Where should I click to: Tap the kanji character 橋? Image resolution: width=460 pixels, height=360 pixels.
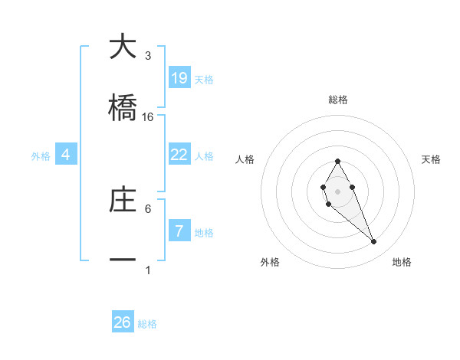(x=123, y=108)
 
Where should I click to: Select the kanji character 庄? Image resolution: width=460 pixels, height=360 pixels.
(x=123, y=200)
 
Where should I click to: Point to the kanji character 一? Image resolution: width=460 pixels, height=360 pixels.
(x=123, y=261)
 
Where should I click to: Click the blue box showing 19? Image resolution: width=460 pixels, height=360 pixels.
(x=179, y=77)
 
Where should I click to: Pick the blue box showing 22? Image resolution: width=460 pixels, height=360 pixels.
(x=179, y=154)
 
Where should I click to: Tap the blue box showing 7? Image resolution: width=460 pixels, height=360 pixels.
(x=179, y=231)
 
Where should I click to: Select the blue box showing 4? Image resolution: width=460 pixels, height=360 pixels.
(x=66, y=155)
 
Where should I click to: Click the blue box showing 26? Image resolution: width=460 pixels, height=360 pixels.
(x=123, y=322)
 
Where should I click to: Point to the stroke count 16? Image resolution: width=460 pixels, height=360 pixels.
(x=148, y=117)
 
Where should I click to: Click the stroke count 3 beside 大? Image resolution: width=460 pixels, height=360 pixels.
(x=148, y=56)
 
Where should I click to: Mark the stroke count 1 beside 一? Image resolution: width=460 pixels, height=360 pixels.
(x=148, y=270)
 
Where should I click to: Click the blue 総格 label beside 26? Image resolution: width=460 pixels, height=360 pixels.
(x=147, y=324)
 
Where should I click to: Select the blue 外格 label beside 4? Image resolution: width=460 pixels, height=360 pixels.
(x=41, y=156)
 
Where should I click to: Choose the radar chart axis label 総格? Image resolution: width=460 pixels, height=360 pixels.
(x=337, y=100)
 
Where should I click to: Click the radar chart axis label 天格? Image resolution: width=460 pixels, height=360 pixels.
(x=432, y=159)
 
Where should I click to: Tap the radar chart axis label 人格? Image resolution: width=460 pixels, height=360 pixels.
(x=245, y=159)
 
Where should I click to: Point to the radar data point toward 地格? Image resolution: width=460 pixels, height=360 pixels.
(x=373, y=242)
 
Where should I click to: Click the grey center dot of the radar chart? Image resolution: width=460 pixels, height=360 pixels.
(x=337, y=190)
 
